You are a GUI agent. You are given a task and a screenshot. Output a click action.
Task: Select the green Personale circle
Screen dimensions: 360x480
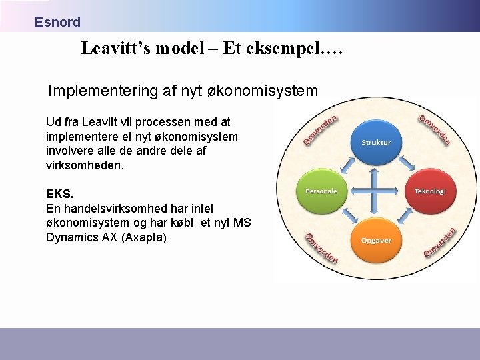tap(321, 191)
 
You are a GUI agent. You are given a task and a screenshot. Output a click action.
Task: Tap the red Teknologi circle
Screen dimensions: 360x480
tap(430, 191)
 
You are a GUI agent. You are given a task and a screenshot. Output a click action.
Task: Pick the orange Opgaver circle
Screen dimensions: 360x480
tap(375, 240)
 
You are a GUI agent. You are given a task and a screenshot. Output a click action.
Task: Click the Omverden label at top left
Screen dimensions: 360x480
tap(321, 131)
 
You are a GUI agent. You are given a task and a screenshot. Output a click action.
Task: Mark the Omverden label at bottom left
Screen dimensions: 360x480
tap(321, 247)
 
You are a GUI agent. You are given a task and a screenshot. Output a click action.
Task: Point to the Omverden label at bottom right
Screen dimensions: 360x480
tap(440, 243)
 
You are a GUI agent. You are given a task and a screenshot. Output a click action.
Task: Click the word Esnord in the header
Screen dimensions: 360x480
tap(57, 22)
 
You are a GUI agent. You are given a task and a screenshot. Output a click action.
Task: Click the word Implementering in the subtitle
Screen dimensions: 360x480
tap(103, 91)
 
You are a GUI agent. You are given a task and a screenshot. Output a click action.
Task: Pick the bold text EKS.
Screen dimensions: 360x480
tap(60, 194)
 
